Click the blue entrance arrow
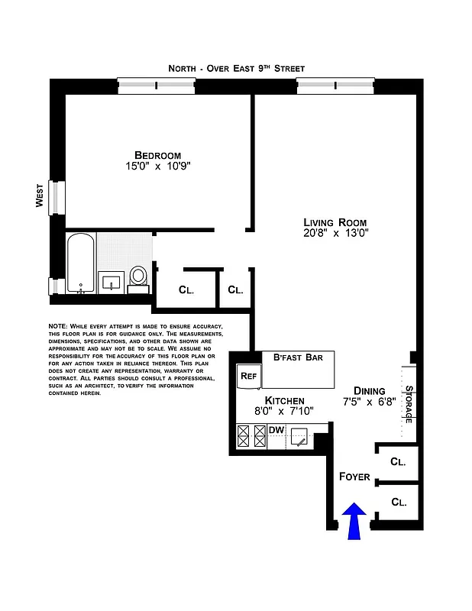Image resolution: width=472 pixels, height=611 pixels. click(354, 522)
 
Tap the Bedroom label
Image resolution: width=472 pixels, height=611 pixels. click(157, 154)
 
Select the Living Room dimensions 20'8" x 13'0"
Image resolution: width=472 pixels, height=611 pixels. click(335, 234)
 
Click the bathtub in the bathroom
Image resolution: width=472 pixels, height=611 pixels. click(81, 263)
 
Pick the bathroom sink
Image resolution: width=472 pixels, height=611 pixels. click(112, 280)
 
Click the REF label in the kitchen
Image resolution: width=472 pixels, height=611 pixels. click(248, 376)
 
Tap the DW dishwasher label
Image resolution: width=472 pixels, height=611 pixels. click(276, 431)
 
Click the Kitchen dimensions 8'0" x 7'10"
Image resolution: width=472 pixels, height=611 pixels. click(284, 412)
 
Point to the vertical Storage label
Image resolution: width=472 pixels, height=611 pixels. click(409, 403)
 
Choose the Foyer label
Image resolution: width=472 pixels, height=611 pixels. click(354, 477)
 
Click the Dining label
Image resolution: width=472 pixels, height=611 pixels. click(369, 390)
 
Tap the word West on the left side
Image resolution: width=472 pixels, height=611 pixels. click(39, 196)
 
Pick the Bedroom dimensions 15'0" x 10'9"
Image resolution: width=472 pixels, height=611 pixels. click(157, 166)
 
